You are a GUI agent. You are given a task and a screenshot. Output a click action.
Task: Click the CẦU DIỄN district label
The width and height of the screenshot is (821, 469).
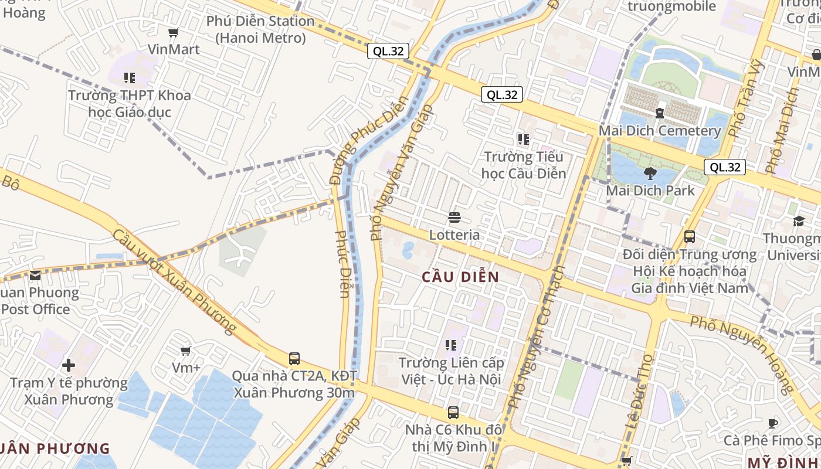click(460, 277)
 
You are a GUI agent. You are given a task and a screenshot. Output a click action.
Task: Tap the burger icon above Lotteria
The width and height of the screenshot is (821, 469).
click(454, 218)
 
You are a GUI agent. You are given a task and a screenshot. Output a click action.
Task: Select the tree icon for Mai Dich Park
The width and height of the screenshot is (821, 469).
click(650, 173)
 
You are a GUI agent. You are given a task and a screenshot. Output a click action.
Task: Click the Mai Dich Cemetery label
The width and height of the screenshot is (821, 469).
click(659, 131)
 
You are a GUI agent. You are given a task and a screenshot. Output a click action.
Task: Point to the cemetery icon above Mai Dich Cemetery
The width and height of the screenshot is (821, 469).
click(660, 113)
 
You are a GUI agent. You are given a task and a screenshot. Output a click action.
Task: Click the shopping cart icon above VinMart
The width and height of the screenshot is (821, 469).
click(173, 32)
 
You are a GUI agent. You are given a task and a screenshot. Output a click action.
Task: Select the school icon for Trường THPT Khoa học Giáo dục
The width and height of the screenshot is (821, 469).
click(130, 77)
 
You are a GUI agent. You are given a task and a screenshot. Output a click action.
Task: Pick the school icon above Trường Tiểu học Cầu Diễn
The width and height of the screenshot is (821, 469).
click(523, 140)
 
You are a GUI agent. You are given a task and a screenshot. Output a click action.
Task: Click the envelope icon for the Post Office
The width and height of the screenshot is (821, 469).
click(35, 276)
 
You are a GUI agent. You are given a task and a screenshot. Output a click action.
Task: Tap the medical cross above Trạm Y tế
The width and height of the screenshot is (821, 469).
click(69, 366)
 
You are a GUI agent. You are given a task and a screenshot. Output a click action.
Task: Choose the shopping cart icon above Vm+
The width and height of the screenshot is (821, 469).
click(186, 351)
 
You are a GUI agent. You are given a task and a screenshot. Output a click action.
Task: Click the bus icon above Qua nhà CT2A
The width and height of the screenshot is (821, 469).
click(294, 358)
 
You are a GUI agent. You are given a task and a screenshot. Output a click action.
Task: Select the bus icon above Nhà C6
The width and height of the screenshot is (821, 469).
click(453, 413)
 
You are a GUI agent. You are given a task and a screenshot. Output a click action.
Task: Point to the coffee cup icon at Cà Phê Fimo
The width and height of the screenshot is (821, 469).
click(773, 423)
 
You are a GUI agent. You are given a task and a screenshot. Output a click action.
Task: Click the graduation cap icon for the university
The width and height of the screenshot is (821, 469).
click(799, 221)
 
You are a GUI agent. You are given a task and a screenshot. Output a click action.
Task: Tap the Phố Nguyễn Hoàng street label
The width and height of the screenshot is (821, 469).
click(742, 354)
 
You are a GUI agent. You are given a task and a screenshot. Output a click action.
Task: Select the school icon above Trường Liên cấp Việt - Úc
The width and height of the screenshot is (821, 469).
click(451, 345)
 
